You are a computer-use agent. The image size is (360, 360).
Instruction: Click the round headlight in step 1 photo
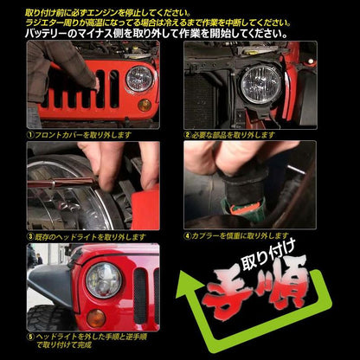(x=139, y=80)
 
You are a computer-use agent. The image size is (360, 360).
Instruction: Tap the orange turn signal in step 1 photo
(x=144, y=106)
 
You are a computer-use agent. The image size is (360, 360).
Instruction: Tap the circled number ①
(x=31, y=135)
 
